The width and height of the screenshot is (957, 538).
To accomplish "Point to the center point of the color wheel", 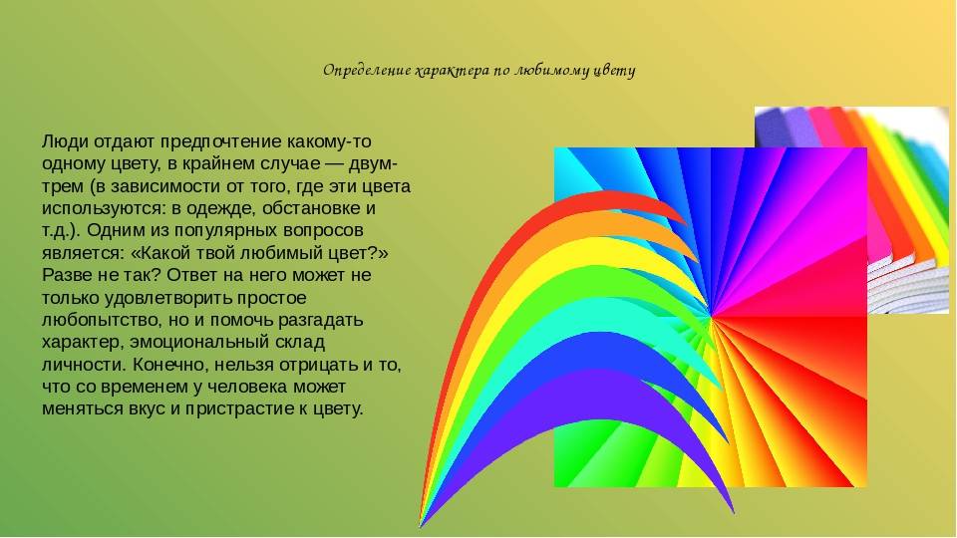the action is click(x=711, y=316).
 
